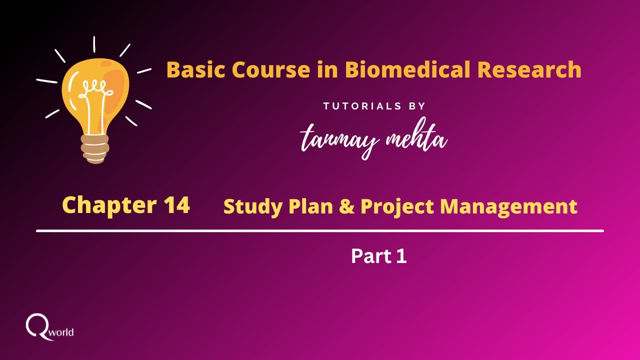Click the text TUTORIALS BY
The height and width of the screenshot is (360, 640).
click(x=374, y=106)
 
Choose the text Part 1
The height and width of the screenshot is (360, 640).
click(x=378, y=256)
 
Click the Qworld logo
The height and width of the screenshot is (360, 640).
click(x=49, y=327)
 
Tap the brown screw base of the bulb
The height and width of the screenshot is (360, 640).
click(x=94, y=148)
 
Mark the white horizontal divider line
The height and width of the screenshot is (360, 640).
click(x=320, y=231)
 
